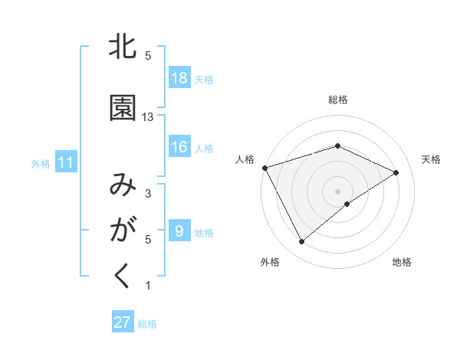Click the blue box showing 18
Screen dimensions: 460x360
tap(179, 78)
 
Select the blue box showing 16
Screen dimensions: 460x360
tap(179, 147)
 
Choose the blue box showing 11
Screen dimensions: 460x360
tap(66, 162)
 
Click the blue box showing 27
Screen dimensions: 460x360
tap(123, 322)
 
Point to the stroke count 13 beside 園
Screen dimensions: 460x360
tap(148, 117)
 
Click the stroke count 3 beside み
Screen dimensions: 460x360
tap(148, 194)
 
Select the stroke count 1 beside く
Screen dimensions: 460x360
tap(148, 286)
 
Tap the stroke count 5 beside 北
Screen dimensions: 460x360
tap(148, 56)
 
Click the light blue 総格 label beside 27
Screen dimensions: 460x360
tap(147, 324)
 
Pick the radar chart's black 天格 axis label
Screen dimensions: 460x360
tap(431, 159)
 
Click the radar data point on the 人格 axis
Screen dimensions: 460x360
tap(264, 167)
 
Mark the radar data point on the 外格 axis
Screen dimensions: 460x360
tap(301, 242)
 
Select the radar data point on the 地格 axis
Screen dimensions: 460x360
tap(347, 204)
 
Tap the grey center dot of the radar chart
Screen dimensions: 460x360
tap(337, 191)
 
